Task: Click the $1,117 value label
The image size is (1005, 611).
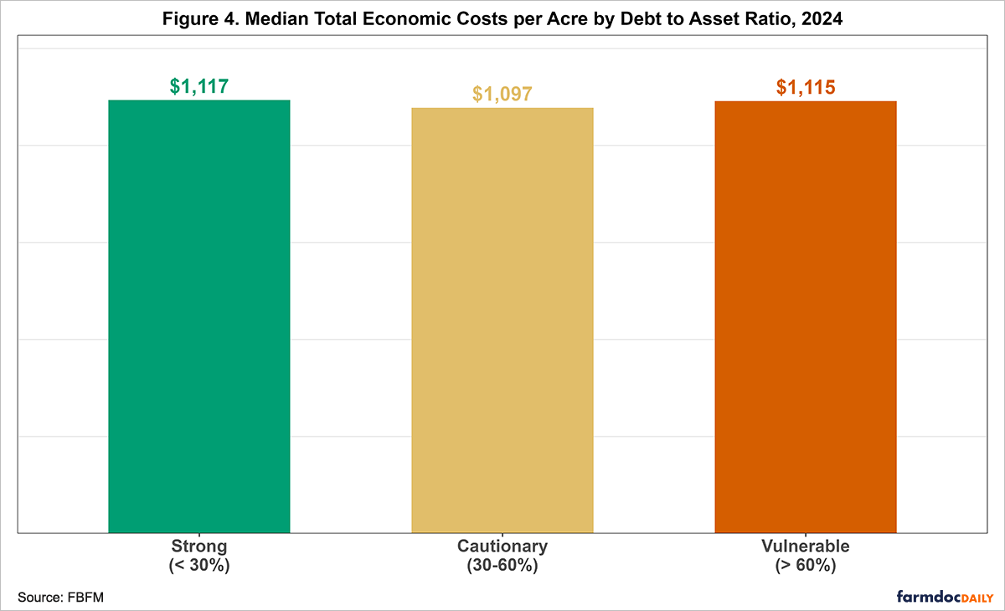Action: coord(199,86)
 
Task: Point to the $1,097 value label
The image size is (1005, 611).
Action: coord(502,94)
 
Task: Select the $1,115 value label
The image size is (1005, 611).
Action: coord(806,87)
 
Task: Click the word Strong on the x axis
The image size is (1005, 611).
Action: coord(199,547)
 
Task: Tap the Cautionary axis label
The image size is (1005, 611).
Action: coord(502,547)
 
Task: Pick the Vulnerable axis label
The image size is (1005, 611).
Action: coord(806,547)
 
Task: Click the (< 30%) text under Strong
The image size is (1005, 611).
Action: coord(199,565)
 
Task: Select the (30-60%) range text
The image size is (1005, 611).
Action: coord(502,565)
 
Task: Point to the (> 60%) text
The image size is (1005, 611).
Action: coord(806,565)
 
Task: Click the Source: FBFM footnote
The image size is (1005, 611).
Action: coord(54,596)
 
